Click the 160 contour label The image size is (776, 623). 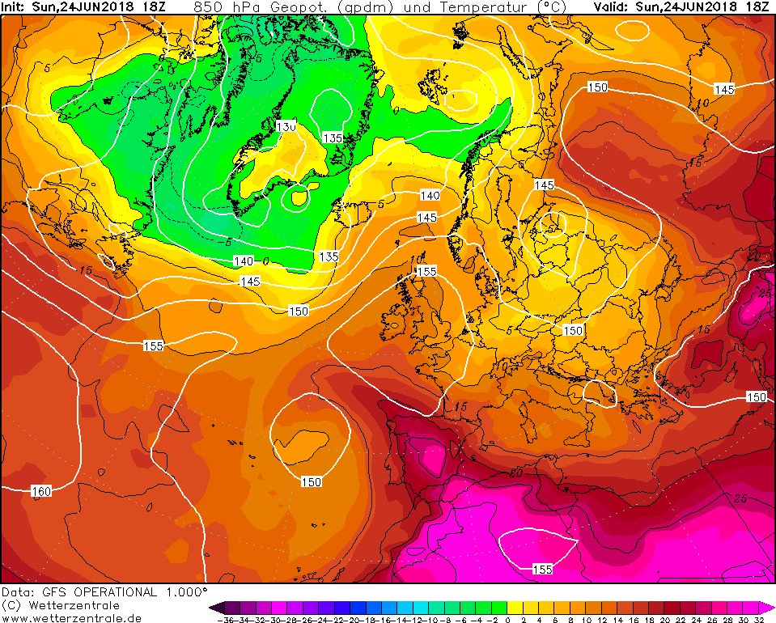pos(41,491)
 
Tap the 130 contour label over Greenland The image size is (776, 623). pos(285,127)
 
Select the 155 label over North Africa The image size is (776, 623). pos(542,570)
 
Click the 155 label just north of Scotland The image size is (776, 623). pos(426,272)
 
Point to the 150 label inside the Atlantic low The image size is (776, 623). pos(312,481)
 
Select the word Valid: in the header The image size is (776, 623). pos(612,6)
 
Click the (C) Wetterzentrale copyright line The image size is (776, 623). pos(60,605)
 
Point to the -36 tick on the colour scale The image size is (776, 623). pos(224,619)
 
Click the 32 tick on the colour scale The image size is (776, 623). pos(758,619)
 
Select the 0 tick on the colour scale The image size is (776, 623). pos(508,619)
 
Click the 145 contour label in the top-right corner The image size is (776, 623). pos(724,89)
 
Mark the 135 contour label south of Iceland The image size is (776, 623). pos(328,256)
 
